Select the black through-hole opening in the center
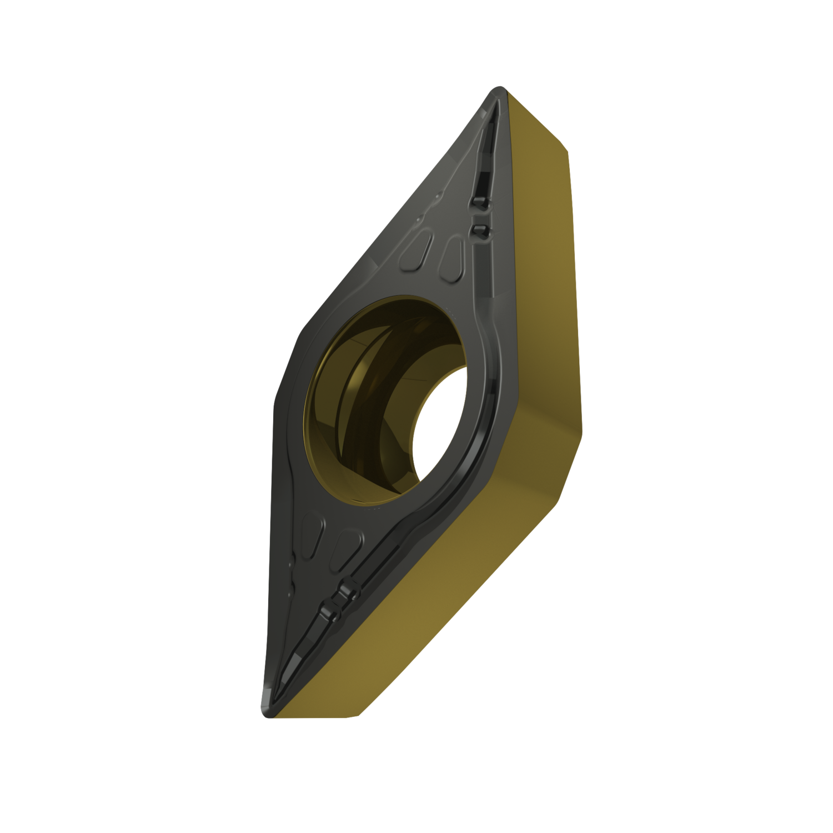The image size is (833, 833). (x=438, y=422)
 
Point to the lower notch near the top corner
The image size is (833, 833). (x=478, y=230)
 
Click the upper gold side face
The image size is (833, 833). (x=544, y=250)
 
